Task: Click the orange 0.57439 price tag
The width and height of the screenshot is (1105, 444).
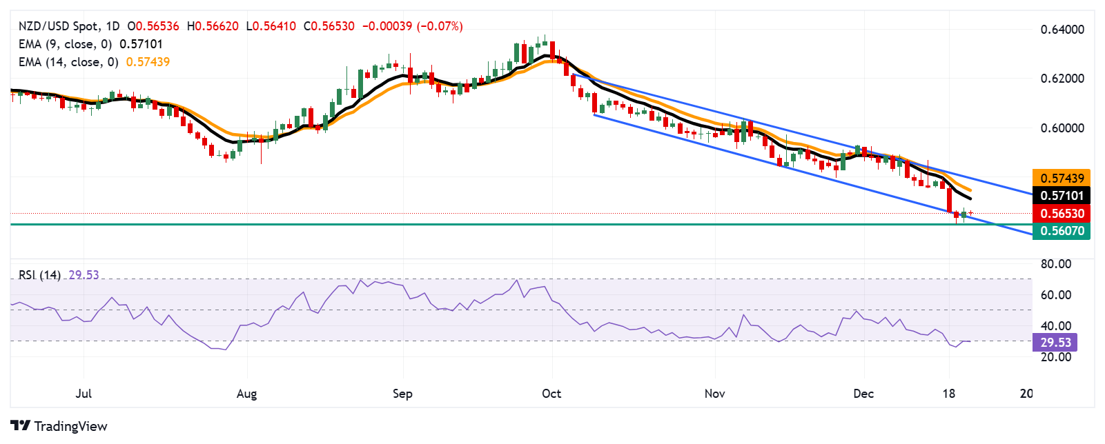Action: coord(1062,179)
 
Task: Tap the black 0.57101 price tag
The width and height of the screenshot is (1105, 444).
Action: coord(1062,196)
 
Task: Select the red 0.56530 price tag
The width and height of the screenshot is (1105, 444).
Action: coord(1062,214)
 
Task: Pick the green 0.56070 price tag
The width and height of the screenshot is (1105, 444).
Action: coord(1062,231)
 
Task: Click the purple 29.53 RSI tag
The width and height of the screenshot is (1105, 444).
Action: coord(1055,343)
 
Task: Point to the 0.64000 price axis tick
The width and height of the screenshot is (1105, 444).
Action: coord(1062,30)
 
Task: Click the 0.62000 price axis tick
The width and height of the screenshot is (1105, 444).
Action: coord(1062,79)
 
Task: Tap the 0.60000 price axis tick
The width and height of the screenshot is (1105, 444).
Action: coord(1062,128)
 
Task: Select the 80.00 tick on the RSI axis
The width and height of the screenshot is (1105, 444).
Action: coord(1056,264)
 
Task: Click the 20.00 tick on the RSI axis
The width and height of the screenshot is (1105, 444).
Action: coord(1056,357)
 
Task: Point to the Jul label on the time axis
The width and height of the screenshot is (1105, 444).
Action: coord(84,394)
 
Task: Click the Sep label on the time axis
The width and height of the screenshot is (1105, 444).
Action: coord(402,394)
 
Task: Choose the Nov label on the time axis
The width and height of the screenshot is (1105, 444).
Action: coord(714,394)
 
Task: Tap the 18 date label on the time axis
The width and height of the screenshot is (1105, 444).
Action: coord(949,394)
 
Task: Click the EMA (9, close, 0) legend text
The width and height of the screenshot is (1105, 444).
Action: coord(65,44)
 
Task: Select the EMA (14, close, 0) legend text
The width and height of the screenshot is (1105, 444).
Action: coord(68,62)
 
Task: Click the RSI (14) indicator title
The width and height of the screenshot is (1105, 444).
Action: coord(39,275)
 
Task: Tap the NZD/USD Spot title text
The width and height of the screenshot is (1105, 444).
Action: coord(58,26)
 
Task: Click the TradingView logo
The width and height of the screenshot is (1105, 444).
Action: coord(59,426)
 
